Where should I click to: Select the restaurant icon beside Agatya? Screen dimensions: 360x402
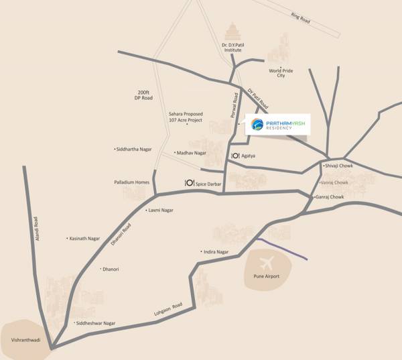coord(235,156)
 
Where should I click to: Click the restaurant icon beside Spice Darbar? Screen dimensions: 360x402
coord(190,183)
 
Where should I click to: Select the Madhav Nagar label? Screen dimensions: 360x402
coord(190,153)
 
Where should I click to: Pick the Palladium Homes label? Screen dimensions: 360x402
coord(131,182)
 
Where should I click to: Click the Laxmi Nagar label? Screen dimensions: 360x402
coord(161,211)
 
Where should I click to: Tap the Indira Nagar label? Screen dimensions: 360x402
coord(216,251)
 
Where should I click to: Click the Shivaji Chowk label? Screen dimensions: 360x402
coord(338,166)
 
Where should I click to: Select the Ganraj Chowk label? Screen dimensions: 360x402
coord(330,197)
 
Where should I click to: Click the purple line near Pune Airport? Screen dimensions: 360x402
coord(282,248)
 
